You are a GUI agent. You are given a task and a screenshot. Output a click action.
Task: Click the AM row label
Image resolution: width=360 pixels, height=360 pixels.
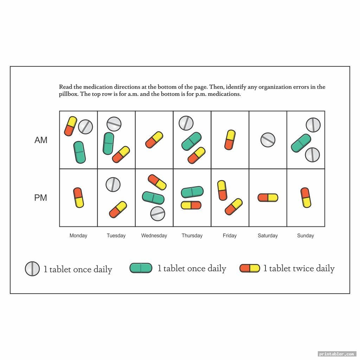[41, 140]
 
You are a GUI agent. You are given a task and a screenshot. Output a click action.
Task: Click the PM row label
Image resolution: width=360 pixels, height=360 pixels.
[41, 198]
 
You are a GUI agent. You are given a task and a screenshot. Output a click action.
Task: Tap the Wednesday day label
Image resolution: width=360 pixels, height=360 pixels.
[154, 236]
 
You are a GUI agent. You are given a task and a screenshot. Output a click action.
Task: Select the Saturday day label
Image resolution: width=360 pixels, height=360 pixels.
[268, 236]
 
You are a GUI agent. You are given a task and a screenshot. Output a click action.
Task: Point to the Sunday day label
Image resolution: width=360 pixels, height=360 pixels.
[306, 236]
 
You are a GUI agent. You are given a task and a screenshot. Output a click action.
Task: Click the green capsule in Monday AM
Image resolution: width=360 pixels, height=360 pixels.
[79, 152]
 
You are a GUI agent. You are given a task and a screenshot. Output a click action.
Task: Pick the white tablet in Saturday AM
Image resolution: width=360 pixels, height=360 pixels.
[268, 140]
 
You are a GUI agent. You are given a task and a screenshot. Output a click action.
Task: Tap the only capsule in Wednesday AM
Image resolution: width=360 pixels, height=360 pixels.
[154, 140]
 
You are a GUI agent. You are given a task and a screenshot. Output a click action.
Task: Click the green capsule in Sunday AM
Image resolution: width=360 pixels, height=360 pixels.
[301, 143]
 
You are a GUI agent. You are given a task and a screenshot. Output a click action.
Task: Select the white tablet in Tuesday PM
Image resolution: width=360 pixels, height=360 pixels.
[113, 184]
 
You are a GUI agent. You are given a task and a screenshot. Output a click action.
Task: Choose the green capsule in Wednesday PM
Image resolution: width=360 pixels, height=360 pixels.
[153, 198]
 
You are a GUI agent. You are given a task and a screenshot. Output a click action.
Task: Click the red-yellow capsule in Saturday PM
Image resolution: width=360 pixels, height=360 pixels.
[268, 198]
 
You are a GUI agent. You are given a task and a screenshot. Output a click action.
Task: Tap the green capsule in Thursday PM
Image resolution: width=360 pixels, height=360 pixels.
[192, 192]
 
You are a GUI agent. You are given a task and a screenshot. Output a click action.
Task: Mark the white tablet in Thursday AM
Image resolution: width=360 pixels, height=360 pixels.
[186, 123]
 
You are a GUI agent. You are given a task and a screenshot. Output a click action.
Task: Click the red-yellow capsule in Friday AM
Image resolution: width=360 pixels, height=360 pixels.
[230, 140]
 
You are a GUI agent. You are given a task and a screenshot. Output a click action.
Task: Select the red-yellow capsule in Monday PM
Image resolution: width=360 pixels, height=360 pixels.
[78, 198]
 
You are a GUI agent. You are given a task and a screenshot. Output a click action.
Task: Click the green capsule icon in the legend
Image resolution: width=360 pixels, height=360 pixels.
[141, 268]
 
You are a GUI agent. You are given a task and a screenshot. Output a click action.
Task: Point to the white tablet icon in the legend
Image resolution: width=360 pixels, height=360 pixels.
[32, 269]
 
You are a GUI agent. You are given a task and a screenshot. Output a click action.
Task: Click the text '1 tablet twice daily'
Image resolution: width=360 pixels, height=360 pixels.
[299, 268]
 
